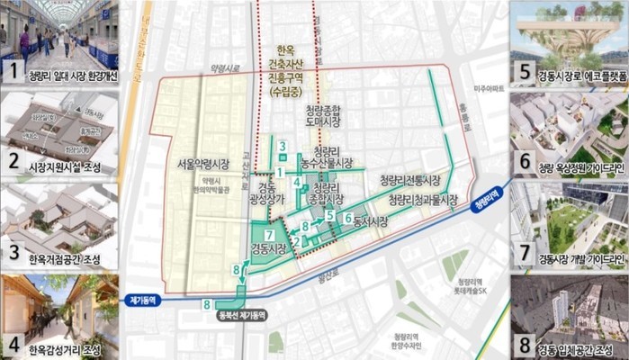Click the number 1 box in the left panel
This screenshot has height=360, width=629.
[13, 68]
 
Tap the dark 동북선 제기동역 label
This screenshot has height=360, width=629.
[242, 317]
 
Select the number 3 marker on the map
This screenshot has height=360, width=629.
[282, 146]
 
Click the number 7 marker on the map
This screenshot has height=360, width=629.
[269, 236]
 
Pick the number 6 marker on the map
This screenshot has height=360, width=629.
[347, 218]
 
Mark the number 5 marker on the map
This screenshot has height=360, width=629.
[330, 216]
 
